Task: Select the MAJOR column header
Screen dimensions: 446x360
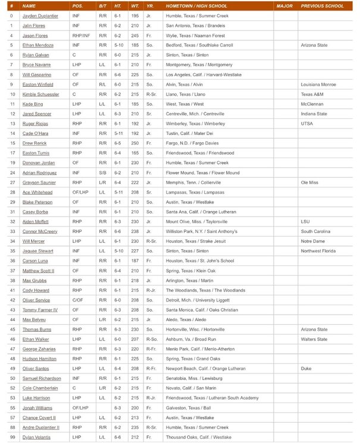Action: pos(284,6)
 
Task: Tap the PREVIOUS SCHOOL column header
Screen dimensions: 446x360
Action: pos(322,6)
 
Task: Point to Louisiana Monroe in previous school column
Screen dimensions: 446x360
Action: pos(320,84)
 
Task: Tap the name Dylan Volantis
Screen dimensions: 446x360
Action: pos(37,437)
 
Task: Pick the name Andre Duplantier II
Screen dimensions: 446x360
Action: pos(41,427)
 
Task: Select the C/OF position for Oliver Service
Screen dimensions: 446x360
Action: pos(77,300)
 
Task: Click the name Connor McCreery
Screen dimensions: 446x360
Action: pos(40,231)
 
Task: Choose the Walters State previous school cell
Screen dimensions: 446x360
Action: pos(314,339)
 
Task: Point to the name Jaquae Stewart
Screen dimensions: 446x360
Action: pos(39,251)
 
